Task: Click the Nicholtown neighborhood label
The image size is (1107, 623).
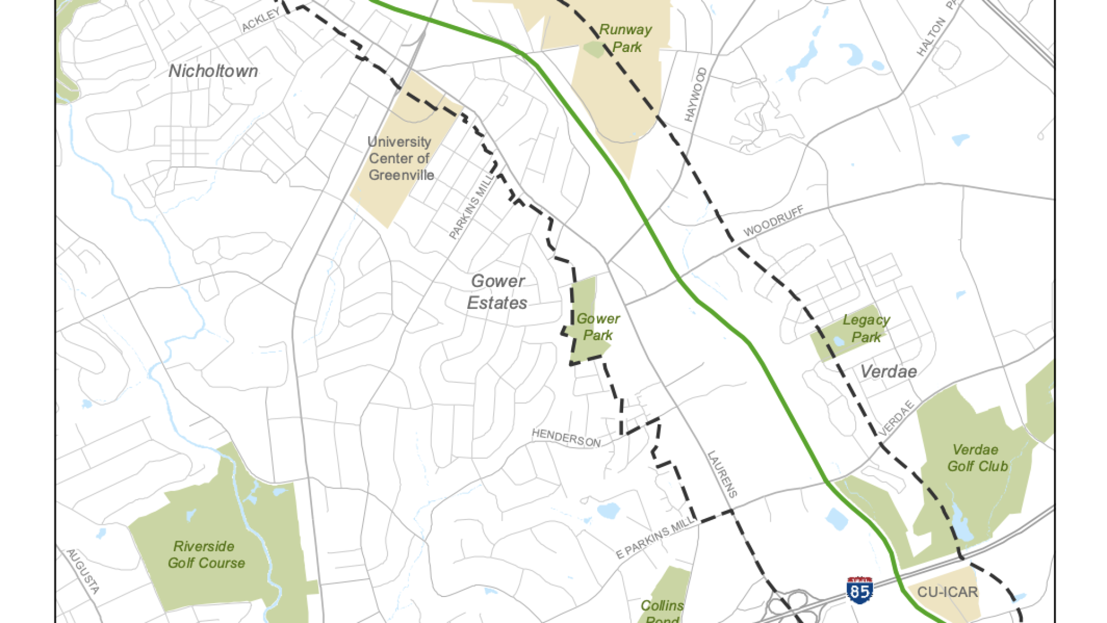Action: tap(213, 71)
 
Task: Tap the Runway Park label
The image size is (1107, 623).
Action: tap(626, 38)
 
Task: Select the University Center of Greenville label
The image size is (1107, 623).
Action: tap(400, 158)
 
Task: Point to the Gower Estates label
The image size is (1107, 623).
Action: tap(497, 292)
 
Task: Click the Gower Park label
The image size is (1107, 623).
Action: tap(598, 327)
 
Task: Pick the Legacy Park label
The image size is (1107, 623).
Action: tap(866, 329)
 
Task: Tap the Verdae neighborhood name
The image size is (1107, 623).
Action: tap(888, 372)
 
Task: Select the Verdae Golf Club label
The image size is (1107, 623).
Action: tap(977, 458)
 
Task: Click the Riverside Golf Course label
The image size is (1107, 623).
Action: tap(206, 555)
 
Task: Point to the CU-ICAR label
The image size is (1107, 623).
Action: tap(947, 593)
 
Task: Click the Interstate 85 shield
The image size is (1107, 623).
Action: tap(860, 591)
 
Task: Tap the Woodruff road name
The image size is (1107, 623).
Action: tap(773, 222)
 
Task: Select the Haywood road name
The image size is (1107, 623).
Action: tap(695, 95)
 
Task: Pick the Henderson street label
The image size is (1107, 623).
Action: tap(566, 438)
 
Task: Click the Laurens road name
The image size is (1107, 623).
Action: tap(722, 474)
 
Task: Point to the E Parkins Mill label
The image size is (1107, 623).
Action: tap(654, 537)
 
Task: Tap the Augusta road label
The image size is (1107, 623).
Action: tap(83, 572)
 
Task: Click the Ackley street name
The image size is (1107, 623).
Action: tap(261, 20)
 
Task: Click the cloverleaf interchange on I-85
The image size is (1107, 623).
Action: tap(789, 606)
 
